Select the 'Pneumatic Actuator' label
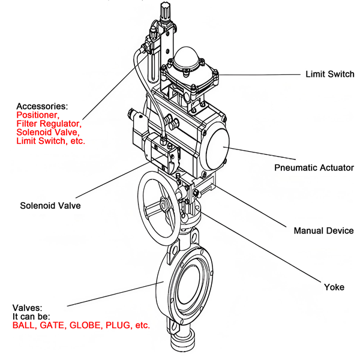pos(313,167)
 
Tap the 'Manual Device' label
pos(323,230)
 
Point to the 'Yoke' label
pos(334,287)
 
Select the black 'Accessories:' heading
pos(42,106)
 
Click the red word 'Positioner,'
pos(37,115)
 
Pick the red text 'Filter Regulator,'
pos(49,124)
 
